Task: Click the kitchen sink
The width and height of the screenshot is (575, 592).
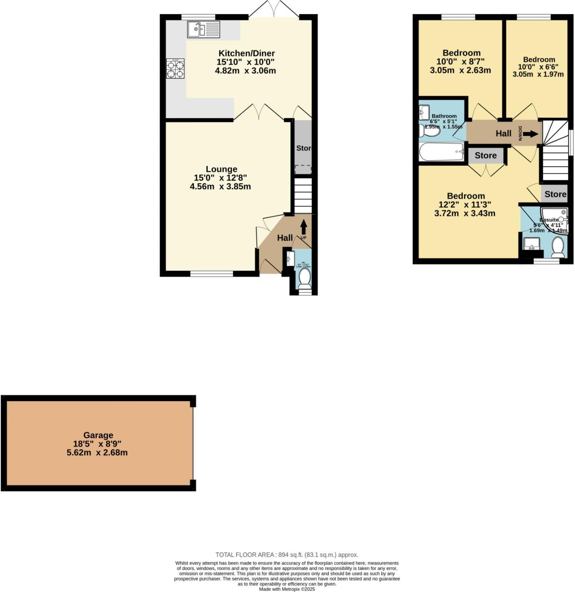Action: tap(203, 30)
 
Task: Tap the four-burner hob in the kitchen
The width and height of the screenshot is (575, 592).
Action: tap(175, 69)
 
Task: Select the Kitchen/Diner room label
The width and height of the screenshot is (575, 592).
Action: tap(247, 53)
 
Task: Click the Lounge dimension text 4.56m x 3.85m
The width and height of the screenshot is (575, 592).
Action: tap(220, 187)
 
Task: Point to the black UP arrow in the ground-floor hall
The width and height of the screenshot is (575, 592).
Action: tap(303, 227)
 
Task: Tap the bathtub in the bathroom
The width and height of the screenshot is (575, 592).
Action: tap(441, 152)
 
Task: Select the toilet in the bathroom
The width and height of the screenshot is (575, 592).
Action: tap(429, 131)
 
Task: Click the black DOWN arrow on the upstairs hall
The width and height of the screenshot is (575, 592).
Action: tap(530, 134)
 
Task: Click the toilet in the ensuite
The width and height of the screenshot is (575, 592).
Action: tap(558, 247)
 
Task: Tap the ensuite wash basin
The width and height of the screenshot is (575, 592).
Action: tap(531, 243)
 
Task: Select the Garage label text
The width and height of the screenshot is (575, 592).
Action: tap(98, 435)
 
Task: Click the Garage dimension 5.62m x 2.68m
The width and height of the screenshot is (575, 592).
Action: tap(97, 453)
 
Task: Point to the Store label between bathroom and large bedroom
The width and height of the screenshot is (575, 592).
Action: tap(485, 155)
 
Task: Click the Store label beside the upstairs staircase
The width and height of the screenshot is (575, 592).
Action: tap(555, 194)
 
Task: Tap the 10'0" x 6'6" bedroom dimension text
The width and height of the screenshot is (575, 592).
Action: tap(538, 67)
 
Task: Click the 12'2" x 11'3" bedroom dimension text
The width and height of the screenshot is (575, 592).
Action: tap(465, 205)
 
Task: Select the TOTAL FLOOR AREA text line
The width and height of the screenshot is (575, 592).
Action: tap(287, 555)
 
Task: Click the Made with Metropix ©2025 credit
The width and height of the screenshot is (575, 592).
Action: tap(287, 589)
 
